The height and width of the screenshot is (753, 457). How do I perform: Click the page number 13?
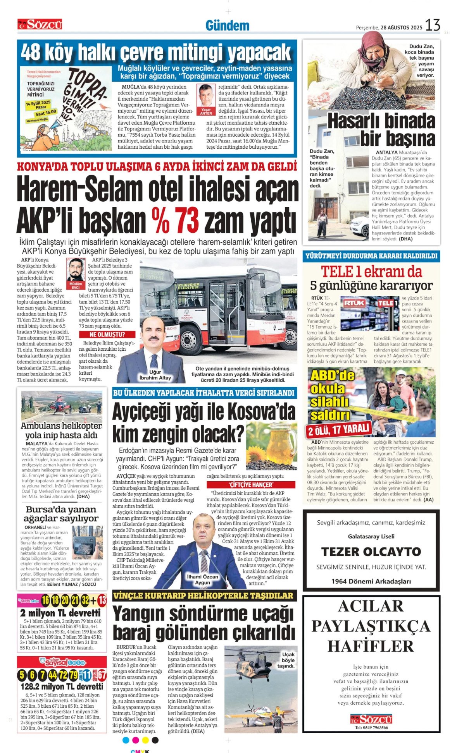pyautogui.click(x=433, y=26)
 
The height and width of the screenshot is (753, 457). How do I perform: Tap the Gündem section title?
pyautogui.click(x=227, y=26)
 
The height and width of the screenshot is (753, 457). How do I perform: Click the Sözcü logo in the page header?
pyautogui.click(x=40, y=25)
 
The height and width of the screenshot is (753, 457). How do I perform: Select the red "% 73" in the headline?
pyautogui.click(x=175, y=220)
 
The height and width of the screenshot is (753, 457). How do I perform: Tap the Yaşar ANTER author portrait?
pyautogui.click(x=206, y=97)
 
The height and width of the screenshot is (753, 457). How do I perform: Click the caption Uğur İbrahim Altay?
pyautogui.click(x=155, y=375)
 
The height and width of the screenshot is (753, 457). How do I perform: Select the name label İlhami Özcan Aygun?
pyautogui.click(x=202, y=579)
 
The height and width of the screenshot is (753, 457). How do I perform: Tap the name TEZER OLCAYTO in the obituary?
pyautogui.click(x=371, y=552)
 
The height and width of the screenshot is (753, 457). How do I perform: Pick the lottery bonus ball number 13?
pyautogui.click(x=102, y=600)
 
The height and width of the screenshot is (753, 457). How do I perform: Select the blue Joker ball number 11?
pyautogui.click(x=87, y=675)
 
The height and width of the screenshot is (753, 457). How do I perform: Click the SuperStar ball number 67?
pyautogui.click(x=102, y=675)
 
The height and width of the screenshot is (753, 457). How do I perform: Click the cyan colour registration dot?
pyautogui.click(x=126, y=740)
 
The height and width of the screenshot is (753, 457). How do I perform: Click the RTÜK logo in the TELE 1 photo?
pyautogui.click(x=355, y=303)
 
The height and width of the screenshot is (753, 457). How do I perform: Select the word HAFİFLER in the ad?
pyautogui.click(x=371, y=646)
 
